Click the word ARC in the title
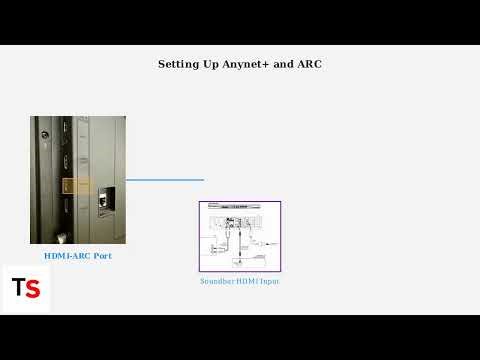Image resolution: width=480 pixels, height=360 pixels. [308, 64]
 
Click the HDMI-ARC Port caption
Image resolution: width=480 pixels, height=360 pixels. [77, 256]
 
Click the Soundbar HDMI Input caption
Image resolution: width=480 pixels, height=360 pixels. [239, 282]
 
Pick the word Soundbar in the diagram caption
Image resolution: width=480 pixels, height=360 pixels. [217, 282]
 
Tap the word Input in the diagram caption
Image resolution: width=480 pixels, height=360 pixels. [269, 282]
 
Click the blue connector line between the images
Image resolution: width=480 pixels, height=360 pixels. [164, 180]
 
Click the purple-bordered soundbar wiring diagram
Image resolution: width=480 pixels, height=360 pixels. [239, 236]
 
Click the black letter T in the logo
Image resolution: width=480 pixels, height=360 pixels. [18, 288]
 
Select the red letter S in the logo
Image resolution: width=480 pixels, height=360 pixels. [33, 289]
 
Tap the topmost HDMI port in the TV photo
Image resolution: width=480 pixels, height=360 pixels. [63, 130]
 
